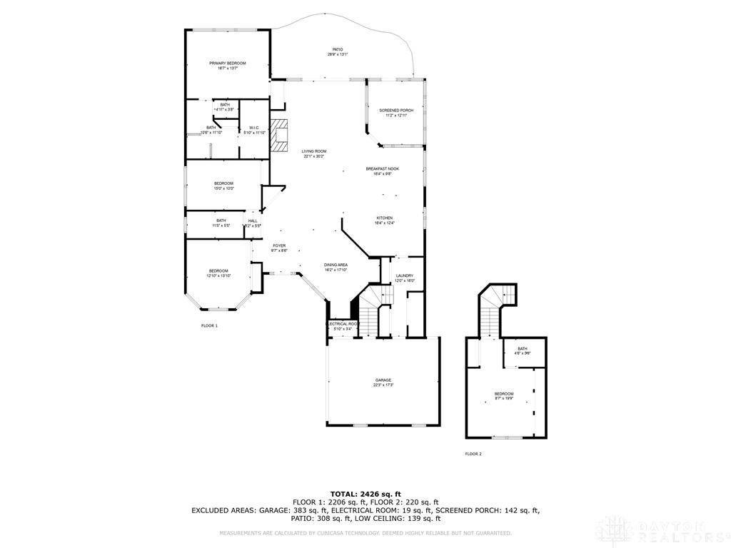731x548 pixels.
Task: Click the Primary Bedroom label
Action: tap(227, 64)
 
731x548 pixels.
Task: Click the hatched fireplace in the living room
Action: tap(283, 135)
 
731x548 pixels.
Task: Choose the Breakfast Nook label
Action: tap(382, 169)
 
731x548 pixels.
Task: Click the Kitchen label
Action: tap(384, 218)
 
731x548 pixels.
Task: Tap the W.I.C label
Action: tap(253, 128)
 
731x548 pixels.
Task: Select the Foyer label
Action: tap(278, 246)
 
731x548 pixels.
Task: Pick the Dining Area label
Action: tap(336, 265)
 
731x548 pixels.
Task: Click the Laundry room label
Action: tap(404, 276)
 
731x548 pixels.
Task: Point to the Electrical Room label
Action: tap(342, 324)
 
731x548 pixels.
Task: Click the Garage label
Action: tap(383, 380)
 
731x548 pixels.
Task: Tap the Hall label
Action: tap(253, 221)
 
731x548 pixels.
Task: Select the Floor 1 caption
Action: tap(209, 325)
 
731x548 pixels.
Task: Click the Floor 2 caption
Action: tap(473, 454)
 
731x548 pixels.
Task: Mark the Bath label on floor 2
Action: tap(523, 349)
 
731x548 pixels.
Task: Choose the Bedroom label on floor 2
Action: tap(504, 394)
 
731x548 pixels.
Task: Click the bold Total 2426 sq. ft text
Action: tap(365, 494)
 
